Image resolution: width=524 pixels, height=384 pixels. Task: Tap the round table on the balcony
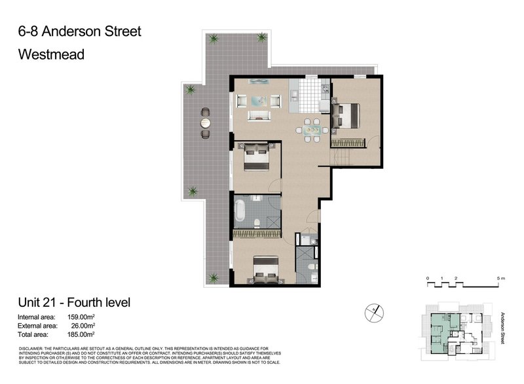pyautogui.click(x=205, y=122)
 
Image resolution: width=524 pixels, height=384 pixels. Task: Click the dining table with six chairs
pyautogui.click(x=312, y=129)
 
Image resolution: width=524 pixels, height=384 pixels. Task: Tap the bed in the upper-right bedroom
pyautogui.click(x=346, y=118)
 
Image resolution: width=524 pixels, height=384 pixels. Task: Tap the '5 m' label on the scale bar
pyautogui.click(x=502, y=278)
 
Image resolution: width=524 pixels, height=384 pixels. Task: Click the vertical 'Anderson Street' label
pyautogui.click(x=503, y=327)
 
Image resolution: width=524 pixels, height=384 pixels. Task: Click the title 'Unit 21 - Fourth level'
pyautogui.click(x=74, y=302)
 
